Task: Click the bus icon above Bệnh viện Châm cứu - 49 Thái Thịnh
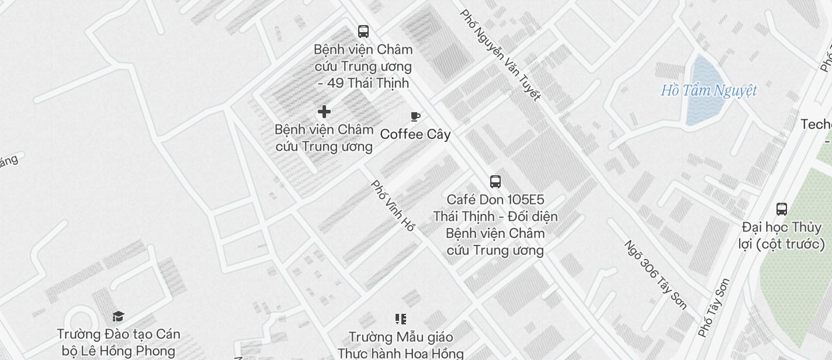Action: [363, 32]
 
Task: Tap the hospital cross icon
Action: [324, 112]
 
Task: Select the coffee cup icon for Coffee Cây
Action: [415, 117]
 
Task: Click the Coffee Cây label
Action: [415, 134]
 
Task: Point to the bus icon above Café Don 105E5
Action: [495, 182]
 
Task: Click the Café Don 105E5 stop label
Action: [495, 225]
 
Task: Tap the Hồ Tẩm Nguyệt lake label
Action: [709, 91]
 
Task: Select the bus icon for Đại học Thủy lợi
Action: [782, 209]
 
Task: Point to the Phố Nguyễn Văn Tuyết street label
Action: [500, 54]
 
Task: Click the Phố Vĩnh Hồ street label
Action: [393, 206]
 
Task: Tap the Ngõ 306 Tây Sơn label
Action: [655, 275]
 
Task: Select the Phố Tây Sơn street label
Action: [714, 308]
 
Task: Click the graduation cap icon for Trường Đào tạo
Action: [119, 317]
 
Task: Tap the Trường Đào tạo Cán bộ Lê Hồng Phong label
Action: [119, 342]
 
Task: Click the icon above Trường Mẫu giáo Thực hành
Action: [400, 319]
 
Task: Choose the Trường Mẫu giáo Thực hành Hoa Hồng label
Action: [400, 345]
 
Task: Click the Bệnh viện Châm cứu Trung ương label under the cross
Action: [324, 137]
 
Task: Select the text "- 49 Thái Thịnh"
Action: [363, 83]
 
